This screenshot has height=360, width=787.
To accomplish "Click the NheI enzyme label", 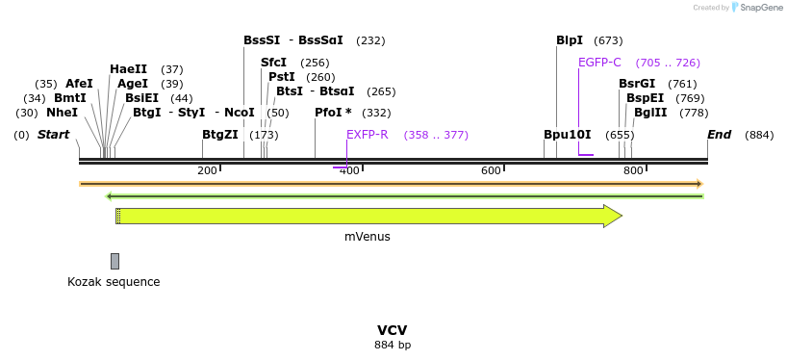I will pos(62,113).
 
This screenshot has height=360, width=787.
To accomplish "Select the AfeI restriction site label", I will pos(79,84).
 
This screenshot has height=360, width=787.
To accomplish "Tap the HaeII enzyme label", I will pos(128,69).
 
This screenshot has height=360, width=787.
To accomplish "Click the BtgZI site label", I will pos(219,135).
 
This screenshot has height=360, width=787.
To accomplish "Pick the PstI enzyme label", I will pos(281,77).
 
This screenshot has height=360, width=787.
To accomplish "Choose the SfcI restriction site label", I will pos(273,63).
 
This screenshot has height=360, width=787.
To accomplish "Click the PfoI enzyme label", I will pos(333,113).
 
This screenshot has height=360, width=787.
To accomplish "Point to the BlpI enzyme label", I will pos(570,40).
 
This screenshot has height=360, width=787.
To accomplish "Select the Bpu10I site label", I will pos(567,135).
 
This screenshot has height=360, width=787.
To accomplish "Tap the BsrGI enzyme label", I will pos(637,84).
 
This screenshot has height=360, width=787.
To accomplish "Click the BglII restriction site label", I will pos(650,113).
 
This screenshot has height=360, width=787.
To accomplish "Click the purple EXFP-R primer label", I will pos(367,135).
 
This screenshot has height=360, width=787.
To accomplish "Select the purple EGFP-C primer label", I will pos(599,63).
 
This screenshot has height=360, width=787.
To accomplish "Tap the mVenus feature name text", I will pos(368,236).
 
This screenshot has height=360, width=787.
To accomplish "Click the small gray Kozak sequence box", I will pos(114,261).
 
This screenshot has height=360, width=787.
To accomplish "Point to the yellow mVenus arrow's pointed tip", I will pos(621,216).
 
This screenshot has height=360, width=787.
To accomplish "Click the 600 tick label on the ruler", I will pos(491,170).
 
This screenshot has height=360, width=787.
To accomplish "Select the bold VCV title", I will pos(393,330).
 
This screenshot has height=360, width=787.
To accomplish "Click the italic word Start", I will pos(54,135).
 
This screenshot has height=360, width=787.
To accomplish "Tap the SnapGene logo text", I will pos(760,8).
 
